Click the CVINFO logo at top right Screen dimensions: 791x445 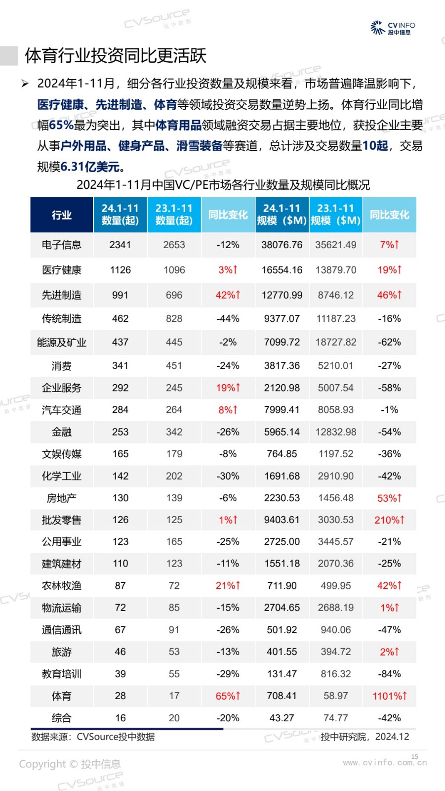click(393, 28)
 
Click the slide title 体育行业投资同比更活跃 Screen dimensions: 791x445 click(116, 56)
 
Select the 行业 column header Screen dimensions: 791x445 click(62, 215)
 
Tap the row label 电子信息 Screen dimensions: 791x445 click(62, 245)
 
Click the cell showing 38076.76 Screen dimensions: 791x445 click(282, 245)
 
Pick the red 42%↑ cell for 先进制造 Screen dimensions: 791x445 click(228, 295)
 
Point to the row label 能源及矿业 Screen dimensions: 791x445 click(62, 342)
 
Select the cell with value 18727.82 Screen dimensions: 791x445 click(336, 342)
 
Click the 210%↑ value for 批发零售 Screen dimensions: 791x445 click(389, 520)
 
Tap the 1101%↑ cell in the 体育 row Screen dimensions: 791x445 click(389, 696)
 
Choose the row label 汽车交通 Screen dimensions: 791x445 click(62, 410)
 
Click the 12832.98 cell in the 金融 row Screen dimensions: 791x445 click(336, 432)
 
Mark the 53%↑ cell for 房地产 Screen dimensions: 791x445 click(389, 498)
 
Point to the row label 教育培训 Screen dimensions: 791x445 click(62, 674)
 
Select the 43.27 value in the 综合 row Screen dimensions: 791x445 click(282, 718)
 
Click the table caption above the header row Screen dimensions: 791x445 click(223, 185)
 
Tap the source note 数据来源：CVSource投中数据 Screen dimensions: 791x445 click(93, 737)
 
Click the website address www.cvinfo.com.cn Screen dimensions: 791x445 click(385, 763)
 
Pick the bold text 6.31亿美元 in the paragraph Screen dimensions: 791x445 click(92, 167)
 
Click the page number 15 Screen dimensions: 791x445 click(415, 756)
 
